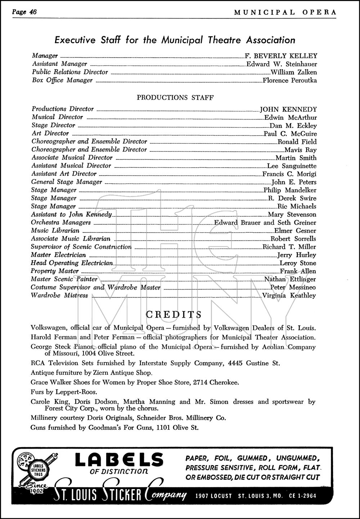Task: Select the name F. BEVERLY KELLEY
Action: pyautogui.click(x=281, y=56)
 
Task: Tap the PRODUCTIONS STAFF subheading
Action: pyautogui.click(x=175, y=97)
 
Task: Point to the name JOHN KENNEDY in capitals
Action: pyautogui.click(x=288, y=109)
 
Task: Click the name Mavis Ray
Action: pyautogui.click(x=301, y=150)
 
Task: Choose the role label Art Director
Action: pyautogui.click(x=50, y=133)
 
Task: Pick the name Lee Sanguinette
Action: pyautogui.click(x=292, y=166)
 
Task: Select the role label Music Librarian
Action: pyautogui.click(x=55, y=231)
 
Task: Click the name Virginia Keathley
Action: pyautogui.click(x=289, y=296)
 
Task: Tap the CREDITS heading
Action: pyautogui.click(x=174, y=314)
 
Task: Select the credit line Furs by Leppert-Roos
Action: pyautogui.click(x=64, y=392)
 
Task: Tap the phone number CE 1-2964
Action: pyautogui.click(x=303, y=496)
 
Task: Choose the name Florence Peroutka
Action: pyautogui.click(x=290, y=81)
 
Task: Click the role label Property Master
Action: pyautogui.click(x=55, y=271)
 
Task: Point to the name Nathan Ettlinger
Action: pyautogui.click(x=290, y=279)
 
